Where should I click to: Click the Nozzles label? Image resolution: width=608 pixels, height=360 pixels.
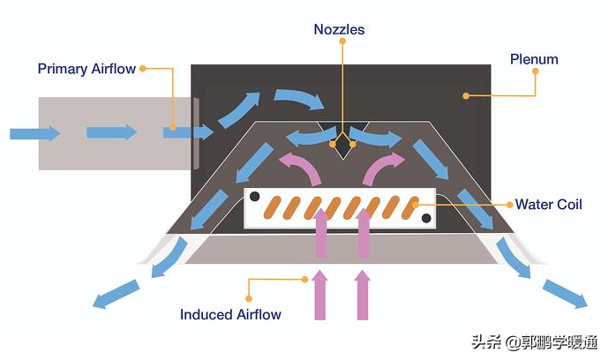339,30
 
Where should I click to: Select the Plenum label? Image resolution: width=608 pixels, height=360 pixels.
534,59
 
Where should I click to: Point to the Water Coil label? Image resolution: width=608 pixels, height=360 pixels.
548,205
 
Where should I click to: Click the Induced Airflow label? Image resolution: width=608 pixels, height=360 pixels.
230,314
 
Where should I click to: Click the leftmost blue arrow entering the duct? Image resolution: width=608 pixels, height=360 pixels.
34,133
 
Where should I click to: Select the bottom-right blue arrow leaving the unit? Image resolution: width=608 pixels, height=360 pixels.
565,294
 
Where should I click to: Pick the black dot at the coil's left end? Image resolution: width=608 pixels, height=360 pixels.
254,196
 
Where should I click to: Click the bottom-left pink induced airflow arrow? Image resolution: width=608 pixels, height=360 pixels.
319,296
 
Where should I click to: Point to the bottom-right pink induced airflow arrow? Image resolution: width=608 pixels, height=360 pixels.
362,296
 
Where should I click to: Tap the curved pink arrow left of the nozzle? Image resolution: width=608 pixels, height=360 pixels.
299,167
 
